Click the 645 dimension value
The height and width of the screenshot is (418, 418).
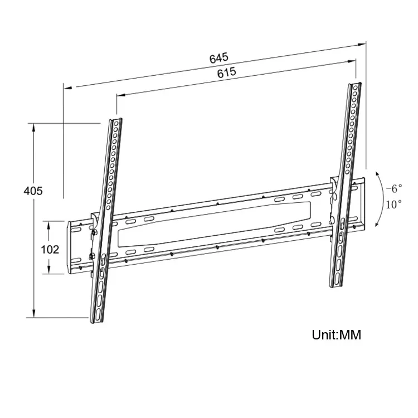pyautogui.click(x=219, y=58)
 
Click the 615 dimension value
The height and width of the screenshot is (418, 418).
pyautogui.click(x=227, y=72)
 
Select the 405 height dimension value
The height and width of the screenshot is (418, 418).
pyautogui.click(x=33, y=191)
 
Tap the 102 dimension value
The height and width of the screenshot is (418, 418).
pyautogui.click(x=50, y=249)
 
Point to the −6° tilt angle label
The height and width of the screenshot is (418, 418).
pyautogui.click(x=393, y=188)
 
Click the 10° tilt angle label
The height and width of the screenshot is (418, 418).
pyautogui.click(x=393, y=204)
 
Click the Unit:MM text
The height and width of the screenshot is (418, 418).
pyautogui.click(x=336, y=335)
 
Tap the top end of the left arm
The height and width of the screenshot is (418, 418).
pyautogui.click(x=115, y=120)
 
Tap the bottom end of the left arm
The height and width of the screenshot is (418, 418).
pyautogui.click(x=96, y=320)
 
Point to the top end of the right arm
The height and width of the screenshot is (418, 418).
pyautogui.click(x=355, y=86)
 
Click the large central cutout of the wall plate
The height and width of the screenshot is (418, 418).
pyautogui.click(x=217, y=226)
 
